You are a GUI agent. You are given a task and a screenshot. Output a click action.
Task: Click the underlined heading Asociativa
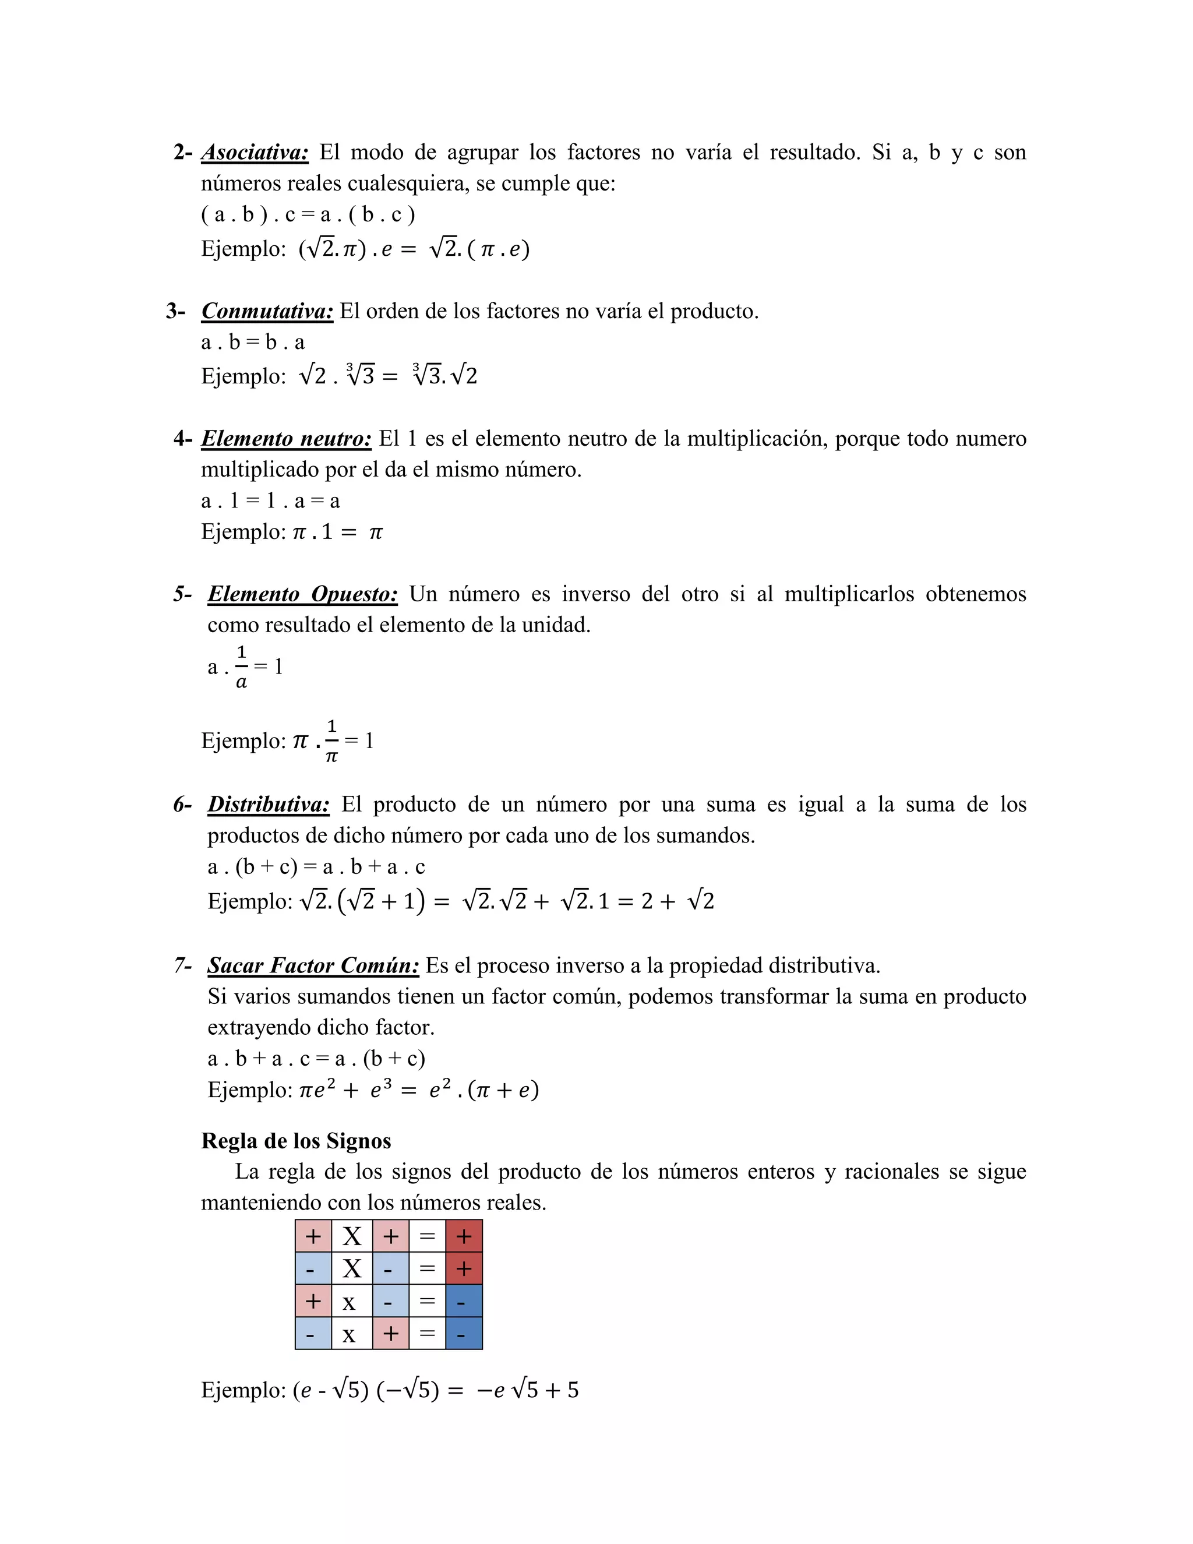coord(255,152)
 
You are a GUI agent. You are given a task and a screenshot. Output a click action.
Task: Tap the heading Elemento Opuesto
coord(302,594)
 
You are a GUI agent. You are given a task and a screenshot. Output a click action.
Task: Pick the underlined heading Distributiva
coord(269,805)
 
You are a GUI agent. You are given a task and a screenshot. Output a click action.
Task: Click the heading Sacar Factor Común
coord(313,965)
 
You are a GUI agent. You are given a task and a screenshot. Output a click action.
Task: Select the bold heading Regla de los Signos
coord(295,1140)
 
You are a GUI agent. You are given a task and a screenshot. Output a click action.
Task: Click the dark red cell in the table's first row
coord(464,1236)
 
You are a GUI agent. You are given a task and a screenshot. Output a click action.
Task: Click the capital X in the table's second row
coord(352,1269)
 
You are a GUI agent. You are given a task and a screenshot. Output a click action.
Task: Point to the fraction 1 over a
coord(241,667)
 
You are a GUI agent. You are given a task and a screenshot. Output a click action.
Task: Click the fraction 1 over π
coord(331,741)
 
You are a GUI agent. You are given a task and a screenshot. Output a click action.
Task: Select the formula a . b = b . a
coord(252,342)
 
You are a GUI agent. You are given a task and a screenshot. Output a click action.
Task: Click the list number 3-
coord(175,311)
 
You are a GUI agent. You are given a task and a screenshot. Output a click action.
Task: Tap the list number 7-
coord(182,965)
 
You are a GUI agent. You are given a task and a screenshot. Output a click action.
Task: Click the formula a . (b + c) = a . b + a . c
coord(316,867)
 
